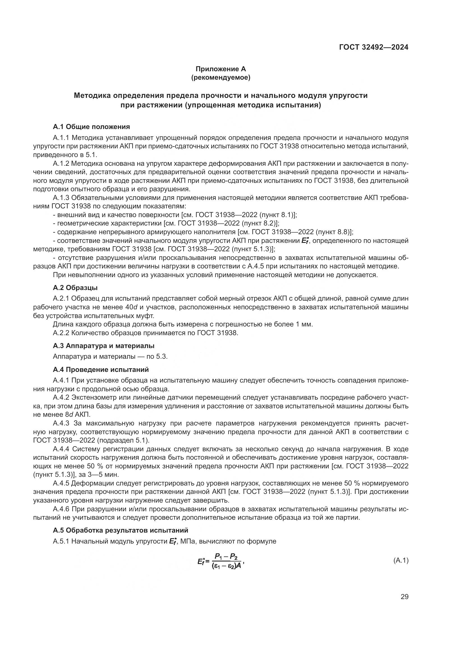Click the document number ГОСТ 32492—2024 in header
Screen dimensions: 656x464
374,47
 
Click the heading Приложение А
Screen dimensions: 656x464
220,69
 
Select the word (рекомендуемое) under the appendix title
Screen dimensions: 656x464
220,77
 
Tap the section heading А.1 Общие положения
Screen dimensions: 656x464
91,126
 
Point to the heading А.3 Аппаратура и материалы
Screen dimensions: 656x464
104,346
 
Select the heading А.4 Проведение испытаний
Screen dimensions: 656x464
101,369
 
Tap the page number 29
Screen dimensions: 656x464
404,597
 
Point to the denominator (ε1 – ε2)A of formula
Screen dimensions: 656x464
226,566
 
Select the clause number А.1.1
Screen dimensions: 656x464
61,138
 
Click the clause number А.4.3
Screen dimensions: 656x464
61,423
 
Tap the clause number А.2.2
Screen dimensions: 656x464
61,333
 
